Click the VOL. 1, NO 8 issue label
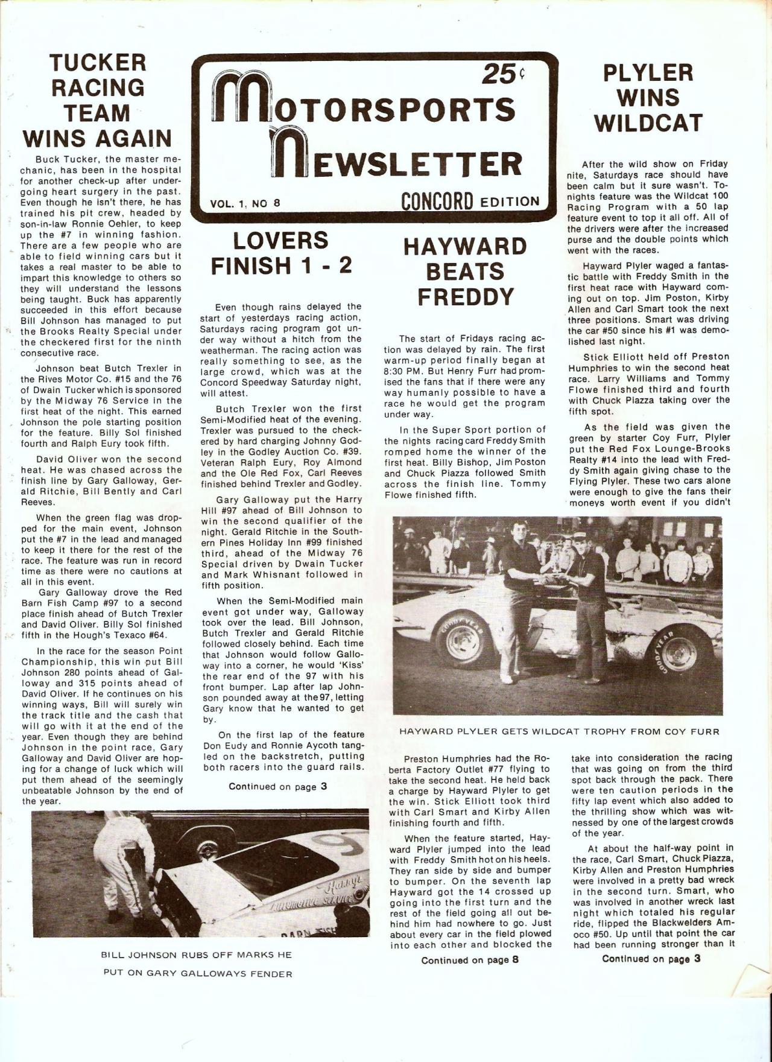tap(245, 203)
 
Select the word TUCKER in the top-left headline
tap(98, 62)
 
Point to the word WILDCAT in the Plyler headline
tap(648, 123)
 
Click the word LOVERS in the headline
tap(281, 241)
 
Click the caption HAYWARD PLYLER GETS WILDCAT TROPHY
tap(558, 732)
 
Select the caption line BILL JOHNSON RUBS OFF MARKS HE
tap(197, 955)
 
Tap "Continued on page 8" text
tap(470, 960)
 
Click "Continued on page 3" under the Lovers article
tap(277, 786)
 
